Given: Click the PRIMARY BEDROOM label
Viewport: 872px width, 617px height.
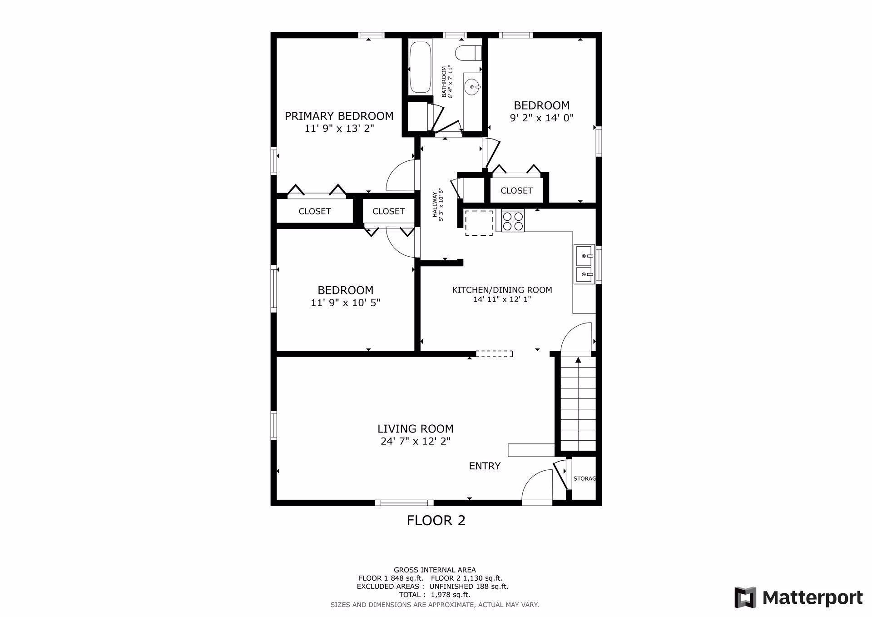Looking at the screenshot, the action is pos(339,116).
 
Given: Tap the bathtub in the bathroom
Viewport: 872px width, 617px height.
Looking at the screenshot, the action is pos(420,67).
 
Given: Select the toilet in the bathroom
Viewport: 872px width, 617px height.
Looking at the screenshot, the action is pos(468,53).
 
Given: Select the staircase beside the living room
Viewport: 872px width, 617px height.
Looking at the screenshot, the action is pos(578,404).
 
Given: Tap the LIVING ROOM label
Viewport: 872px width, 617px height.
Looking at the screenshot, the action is pos(415,428).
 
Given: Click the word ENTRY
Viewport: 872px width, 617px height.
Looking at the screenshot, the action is pos(485,466).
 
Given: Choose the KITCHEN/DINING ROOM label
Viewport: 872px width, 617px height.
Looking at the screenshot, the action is pos(502,290).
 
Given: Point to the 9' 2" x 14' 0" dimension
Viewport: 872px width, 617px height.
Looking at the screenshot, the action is pos(541,118).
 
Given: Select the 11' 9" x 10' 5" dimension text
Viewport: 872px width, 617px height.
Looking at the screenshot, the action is pos(345,303).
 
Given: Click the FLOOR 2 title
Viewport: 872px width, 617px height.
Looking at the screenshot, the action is pos(436,520).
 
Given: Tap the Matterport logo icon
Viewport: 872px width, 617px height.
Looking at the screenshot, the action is pos(745,597).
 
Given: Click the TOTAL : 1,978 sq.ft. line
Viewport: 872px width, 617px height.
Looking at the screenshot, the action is pos(435,595).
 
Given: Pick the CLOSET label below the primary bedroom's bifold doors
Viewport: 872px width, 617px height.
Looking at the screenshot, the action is pos(314,211).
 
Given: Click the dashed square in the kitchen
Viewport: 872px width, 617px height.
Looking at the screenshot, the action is pos(479,223).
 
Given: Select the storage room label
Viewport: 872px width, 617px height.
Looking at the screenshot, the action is pos(585,478).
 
